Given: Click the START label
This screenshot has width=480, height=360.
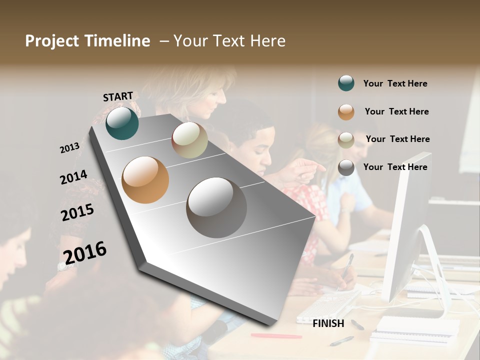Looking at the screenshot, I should click(x=118, y=96).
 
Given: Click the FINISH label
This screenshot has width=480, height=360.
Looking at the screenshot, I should click(x=328, y=323).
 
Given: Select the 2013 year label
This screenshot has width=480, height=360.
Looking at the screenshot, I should click(x=70, y=148).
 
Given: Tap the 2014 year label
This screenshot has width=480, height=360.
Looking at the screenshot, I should click(x=73, y=177).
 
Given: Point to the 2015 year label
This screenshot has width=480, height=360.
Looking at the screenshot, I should click(x=77, y=212).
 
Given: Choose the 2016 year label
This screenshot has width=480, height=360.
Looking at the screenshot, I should click(x=85, y=252).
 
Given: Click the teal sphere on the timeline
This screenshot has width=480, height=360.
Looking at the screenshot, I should click(x=122, y=123).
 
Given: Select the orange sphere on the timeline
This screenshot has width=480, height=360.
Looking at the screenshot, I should click(x=145, y=180).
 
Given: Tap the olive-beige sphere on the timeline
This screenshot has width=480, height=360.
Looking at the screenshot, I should click(x=189, y=140).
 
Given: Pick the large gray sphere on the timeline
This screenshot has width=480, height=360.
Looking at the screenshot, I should click(x=216, y=207).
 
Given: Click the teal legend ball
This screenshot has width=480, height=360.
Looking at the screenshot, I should click(x=346, y=83).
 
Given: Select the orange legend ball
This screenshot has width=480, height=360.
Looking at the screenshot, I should click(x=346, y=112).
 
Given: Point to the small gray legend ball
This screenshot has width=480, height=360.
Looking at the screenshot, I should click(x=346, y=167).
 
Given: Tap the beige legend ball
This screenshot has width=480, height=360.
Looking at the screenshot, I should click(x=346, y=140).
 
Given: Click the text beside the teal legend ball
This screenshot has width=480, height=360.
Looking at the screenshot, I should click(x=395, y=84).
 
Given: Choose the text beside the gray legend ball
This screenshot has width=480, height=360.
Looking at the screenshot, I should click(x=395, y=167).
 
